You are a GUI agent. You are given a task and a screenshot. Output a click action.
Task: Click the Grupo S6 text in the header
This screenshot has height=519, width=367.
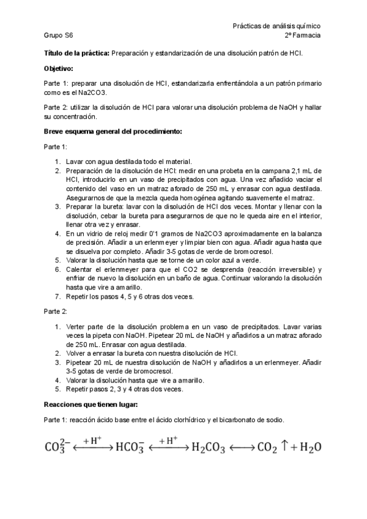tap(58, 36)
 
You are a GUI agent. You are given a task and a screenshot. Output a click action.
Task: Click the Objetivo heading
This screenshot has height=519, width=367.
tap(59, 68)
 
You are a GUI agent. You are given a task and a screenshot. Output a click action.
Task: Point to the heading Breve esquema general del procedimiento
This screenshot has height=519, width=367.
tap(113, 131)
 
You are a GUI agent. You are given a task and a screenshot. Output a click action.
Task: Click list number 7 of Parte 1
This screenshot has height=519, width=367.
tap(57, 297)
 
